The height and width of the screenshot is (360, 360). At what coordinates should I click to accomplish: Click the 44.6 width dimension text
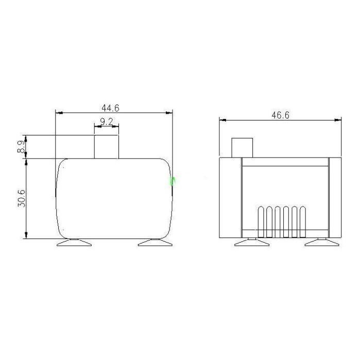click(x=111, y=108)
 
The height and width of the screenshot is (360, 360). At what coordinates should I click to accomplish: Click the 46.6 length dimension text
click(x=280, y=115)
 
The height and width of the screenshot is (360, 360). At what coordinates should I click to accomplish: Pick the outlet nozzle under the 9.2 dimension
click(x=107, y=147)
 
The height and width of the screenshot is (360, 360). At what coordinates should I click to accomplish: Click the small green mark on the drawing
click(x=173, y=181)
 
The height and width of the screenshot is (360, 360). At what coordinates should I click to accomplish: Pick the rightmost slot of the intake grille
click(x=303, y=222)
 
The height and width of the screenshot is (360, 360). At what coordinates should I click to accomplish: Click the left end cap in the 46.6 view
click(x=231, y=198)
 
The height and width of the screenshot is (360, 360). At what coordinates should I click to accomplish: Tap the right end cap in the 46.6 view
click(x=334, y=198)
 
